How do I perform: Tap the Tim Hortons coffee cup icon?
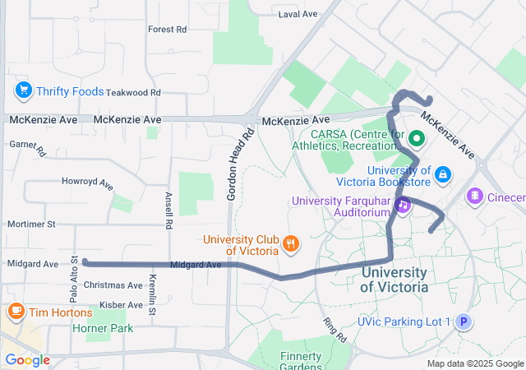(x=16, y=312)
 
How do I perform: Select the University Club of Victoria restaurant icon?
(x=289, y=243)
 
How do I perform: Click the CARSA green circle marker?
(x=416, y=139)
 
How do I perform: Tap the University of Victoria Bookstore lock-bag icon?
(x=443, y=174)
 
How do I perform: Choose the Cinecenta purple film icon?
(x=474, y=197)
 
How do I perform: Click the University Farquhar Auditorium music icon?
(x=403, y=206)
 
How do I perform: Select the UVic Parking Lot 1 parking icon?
(x=464, y=321)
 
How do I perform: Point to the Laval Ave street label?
(x=298, y=15)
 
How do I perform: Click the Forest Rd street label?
(x=167, y=29)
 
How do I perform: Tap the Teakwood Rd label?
(x=132, y=93)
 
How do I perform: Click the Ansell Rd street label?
(x=168, y=210)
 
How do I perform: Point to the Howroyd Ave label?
(x=87, y=182)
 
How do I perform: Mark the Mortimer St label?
(x=30, y=224)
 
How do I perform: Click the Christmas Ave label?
(x=113, y=285)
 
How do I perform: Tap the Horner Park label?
(x=102, y=328)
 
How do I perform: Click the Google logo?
(x=27, y=360)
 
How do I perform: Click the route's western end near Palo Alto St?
(x=85, y=263)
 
